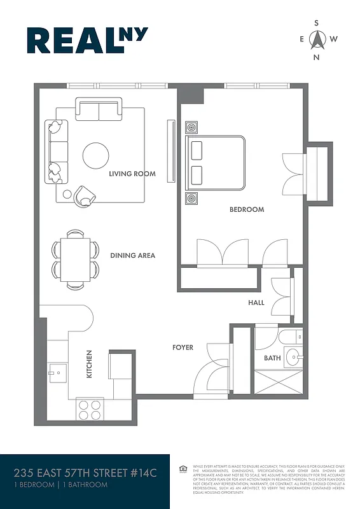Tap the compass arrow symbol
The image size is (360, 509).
click(x=316, y=40)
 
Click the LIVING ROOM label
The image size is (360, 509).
click(x=132, y=174)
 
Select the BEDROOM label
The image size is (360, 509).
click(x=247, y=209)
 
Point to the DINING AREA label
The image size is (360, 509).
click(x=132, y=256)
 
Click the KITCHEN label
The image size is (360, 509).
click(x=89, y=364)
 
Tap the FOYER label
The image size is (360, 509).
click(x=183, y=347)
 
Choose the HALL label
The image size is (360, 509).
click(x=256, y=303)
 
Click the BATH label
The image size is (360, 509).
click(x=272, y=358)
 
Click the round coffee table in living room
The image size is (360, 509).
click(x=95, y=154)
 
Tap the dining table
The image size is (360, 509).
click(x=75, y=260)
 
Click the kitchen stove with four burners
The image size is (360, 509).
click(x=90, y=408)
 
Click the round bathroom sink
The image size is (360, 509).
click(x=293, y=356)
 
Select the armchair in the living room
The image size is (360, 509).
click(x=84, y=195)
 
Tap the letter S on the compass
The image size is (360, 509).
click(x=316, y=22)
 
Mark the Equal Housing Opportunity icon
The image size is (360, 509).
click(x=183, y=470)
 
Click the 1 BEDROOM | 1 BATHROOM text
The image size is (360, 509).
click(x=60, y=485)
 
